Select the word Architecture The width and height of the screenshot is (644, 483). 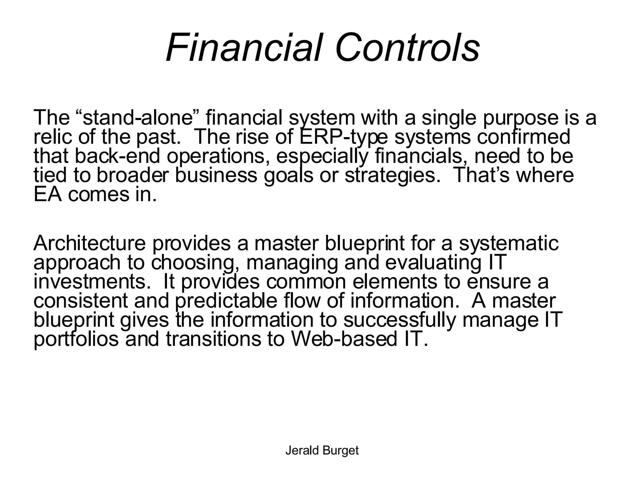(x=90, y=243)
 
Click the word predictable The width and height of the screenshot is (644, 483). (x=226, y=301)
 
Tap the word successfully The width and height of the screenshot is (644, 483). (x=399, y=320)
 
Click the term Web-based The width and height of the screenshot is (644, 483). (x=344, y=339)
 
